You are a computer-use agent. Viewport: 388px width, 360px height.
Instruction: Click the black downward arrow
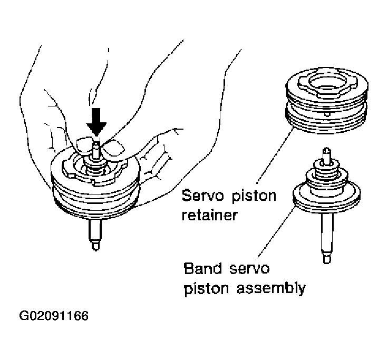tap(96, 121)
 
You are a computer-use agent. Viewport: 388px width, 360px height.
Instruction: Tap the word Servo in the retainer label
tap(202, 197)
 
